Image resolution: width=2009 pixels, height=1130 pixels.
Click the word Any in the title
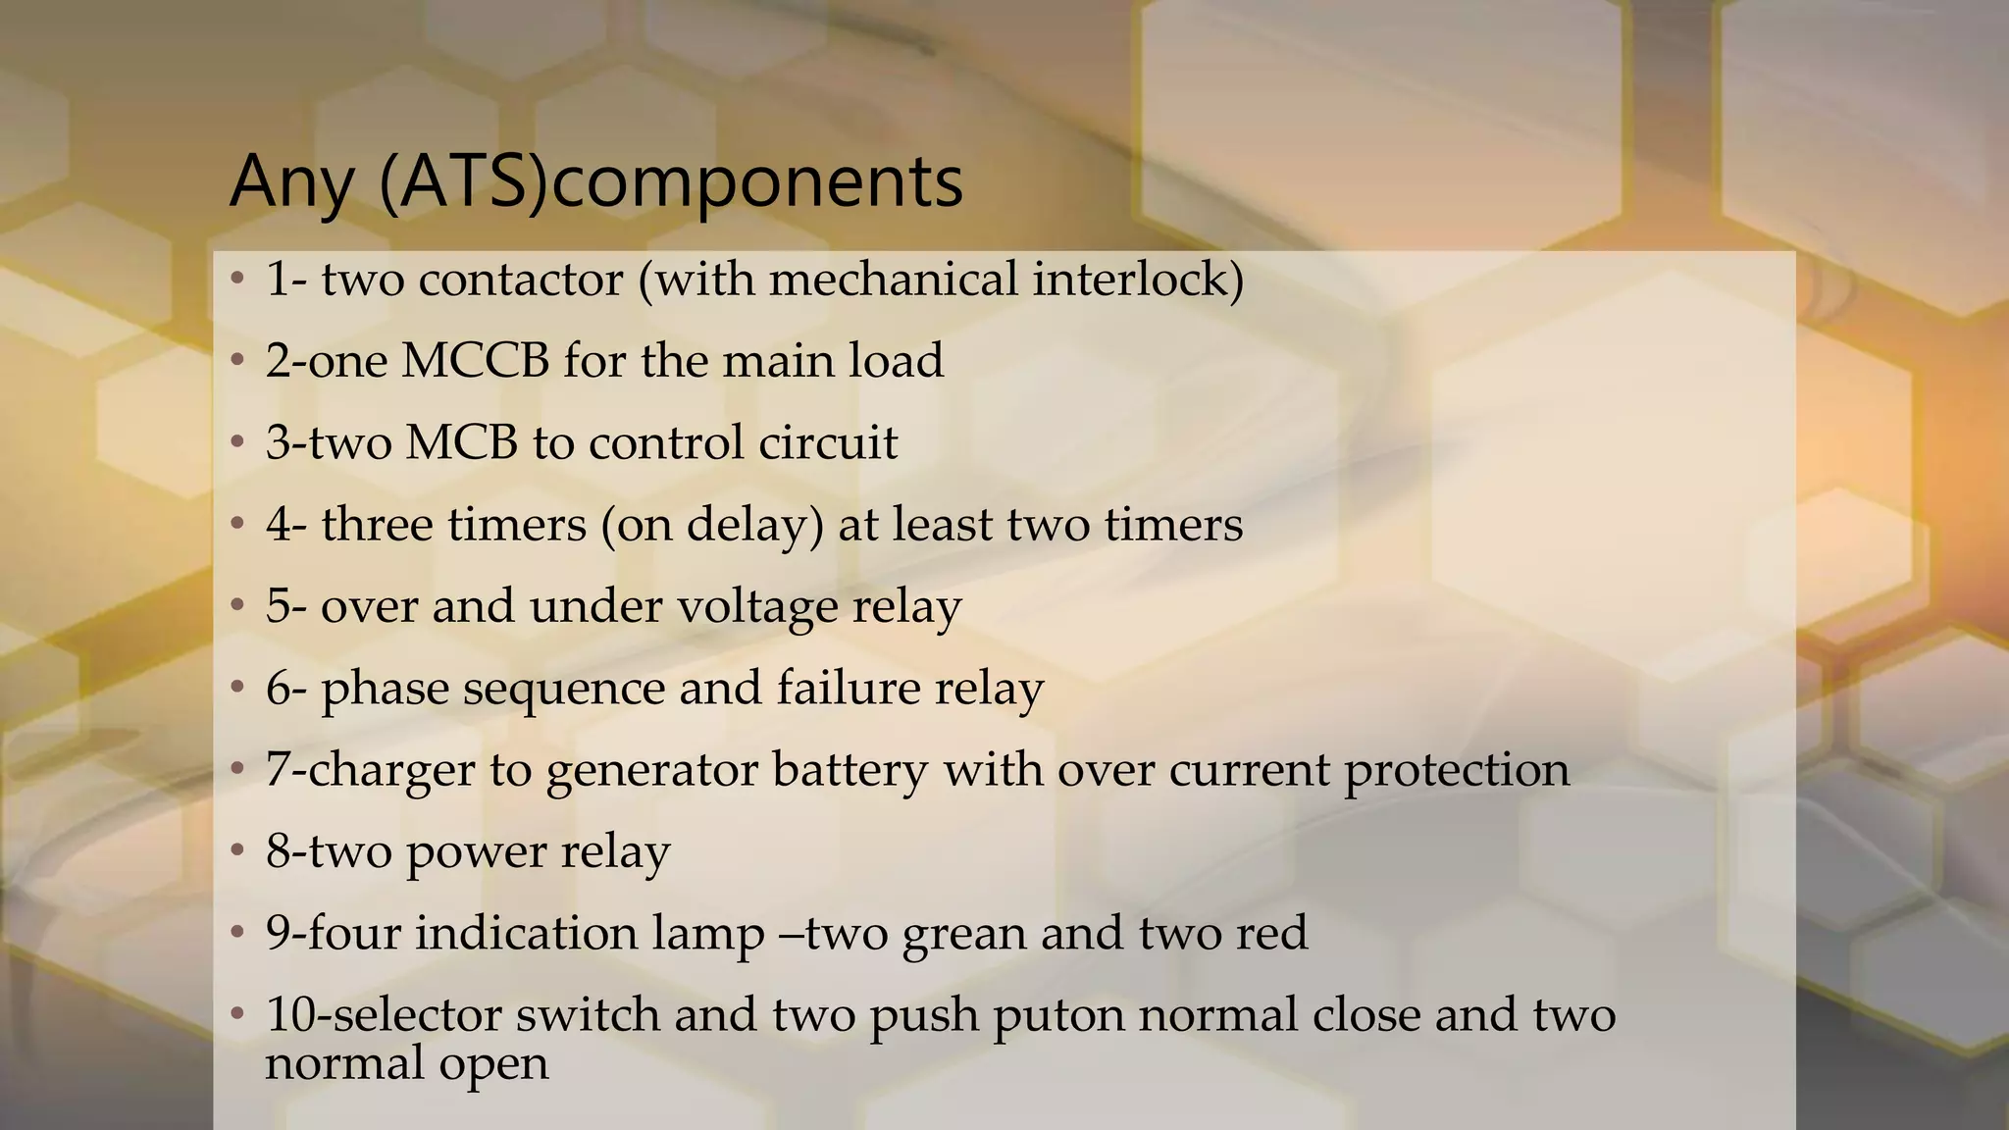click(x=291, y=182)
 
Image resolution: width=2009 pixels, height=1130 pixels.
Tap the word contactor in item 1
click(x=521, y=280)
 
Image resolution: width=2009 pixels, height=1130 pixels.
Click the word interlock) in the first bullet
click(x=1138, y=280)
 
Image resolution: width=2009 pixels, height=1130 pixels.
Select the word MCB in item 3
click(x=461, y=442)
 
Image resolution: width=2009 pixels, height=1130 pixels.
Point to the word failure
click(x=848, y=688)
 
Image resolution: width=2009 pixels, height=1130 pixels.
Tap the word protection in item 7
click(x=1457, y=771)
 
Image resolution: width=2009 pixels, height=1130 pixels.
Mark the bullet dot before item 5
click(x=236, y=606)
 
